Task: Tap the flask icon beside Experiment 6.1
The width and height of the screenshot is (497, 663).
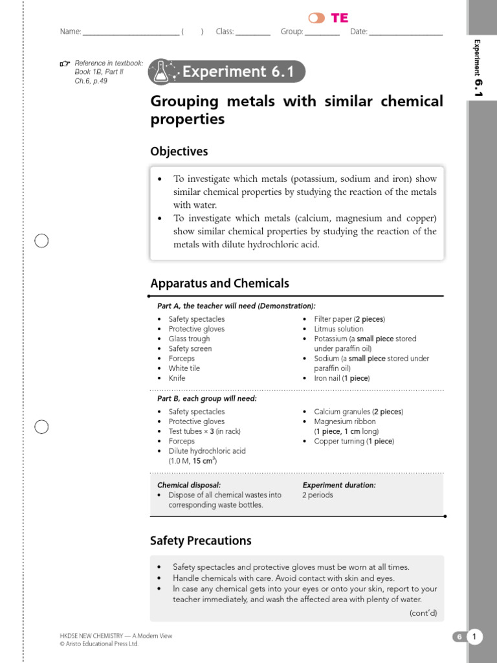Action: pos(162,72)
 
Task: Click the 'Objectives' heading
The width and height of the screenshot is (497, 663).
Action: pos(179,152)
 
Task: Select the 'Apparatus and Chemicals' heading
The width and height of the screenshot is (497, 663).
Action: pos(219,284)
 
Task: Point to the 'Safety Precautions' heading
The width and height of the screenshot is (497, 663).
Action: pos(201,541)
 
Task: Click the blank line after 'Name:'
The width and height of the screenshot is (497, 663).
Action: pos(131,32)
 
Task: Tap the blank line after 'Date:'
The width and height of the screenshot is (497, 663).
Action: pos(406,32)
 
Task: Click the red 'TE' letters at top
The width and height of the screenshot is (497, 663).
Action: pos(340,18)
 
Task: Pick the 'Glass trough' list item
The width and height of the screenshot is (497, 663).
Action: pos(189,339)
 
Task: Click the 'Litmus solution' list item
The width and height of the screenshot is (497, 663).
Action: pos(338,329)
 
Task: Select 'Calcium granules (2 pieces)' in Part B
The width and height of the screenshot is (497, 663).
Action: pos(358,412)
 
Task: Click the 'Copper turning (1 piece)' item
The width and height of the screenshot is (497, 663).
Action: pos(353,442)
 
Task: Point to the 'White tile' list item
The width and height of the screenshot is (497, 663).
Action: pos(184,368)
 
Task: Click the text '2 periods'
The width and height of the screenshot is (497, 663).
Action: pos(317,495)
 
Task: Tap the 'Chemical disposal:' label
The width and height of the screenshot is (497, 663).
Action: pos(189,485)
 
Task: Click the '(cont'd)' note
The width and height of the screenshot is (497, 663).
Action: pos(423,612)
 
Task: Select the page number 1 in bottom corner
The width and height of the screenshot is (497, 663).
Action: pos(474,637)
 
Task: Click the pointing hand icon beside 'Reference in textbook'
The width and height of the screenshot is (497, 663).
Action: pos(65,63)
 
